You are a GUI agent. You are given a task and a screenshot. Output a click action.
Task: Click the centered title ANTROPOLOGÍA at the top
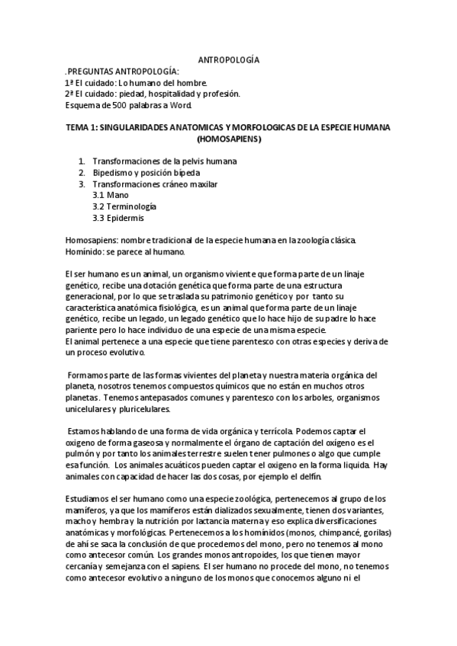[229, 59]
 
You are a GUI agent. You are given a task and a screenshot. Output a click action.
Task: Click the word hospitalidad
[175, 94]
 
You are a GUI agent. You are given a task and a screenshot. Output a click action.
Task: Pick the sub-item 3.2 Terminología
[124, 206]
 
